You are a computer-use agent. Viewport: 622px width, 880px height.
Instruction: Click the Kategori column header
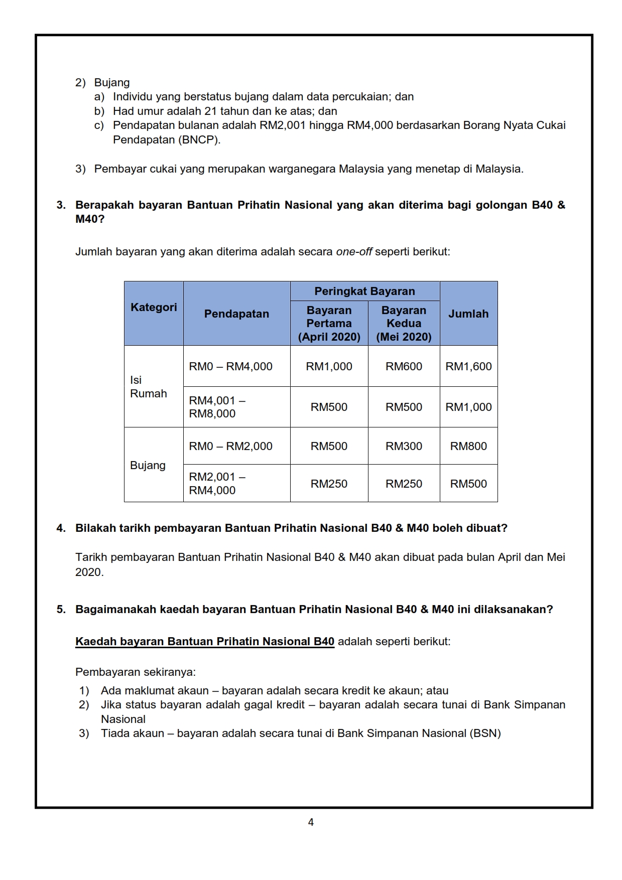[154, 307]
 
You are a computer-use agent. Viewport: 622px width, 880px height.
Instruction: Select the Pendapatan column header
[236, 314]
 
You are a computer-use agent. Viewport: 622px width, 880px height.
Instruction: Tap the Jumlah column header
[468, 314]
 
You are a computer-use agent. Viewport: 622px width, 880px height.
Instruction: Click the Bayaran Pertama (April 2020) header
[329, 324]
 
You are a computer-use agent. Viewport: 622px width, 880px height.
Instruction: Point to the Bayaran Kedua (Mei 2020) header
[404, 324]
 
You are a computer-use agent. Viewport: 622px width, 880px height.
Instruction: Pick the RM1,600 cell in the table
[468, 366]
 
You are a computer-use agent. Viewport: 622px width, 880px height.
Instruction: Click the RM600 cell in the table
[404, 366]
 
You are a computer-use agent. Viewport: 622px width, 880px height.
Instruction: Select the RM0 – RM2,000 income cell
[230, 446]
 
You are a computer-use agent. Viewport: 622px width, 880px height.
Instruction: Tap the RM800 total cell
[468, 446]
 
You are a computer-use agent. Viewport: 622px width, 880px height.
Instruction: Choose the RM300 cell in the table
[404, 446]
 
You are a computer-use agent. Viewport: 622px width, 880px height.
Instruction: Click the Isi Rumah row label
[148, 387]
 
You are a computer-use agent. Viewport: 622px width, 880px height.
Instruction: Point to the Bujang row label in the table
[148, 465]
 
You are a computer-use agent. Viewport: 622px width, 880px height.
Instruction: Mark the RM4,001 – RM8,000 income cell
[217, 407]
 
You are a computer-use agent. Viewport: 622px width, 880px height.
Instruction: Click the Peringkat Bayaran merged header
[364, 291]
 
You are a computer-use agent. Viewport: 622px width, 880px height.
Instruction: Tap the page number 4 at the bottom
[311, 822]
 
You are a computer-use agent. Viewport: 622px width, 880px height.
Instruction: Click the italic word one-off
[354, 251]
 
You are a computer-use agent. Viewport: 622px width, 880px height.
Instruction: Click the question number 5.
[61, 609]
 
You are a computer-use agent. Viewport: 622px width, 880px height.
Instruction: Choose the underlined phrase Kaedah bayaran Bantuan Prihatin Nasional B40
[205, 641]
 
